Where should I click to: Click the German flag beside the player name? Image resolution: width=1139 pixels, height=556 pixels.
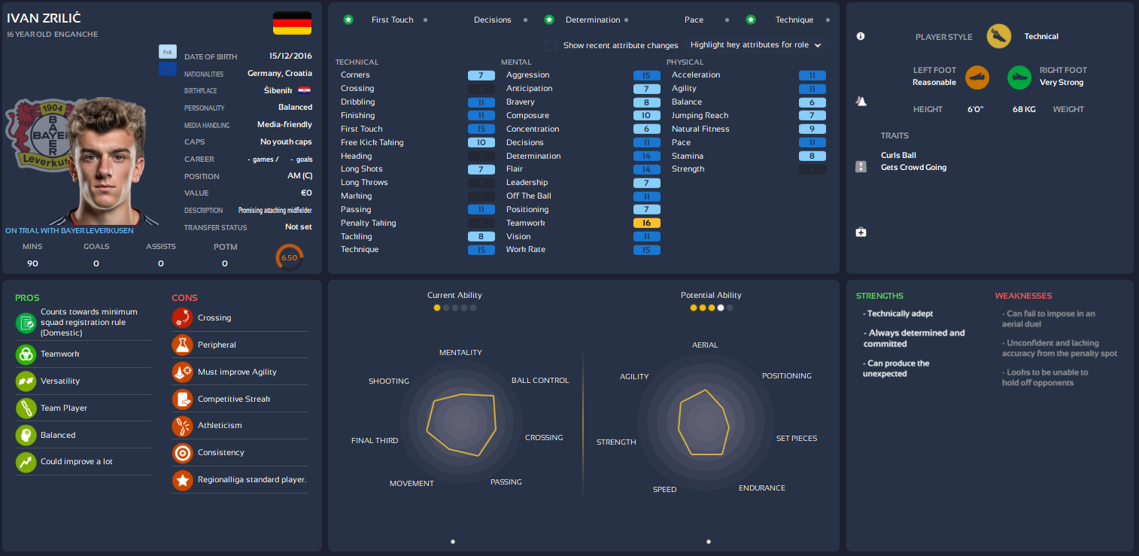point(292,23)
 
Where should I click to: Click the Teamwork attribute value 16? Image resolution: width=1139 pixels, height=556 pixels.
point(646,223)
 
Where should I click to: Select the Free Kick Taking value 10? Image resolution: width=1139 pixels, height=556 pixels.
point(481,142)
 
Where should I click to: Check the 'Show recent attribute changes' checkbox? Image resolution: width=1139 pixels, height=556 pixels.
point(551,45)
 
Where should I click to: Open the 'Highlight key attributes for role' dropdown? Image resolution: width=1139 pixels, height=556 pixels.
point(755,45)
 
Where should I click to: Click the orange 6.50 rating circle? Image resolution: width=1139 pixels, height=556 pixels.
point(289,257)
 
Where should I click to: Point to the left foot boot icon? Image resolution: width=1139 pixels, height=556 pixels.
point(977,77)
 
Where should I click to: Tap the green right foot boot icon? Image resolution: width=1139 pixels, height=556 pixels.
point(1019,77)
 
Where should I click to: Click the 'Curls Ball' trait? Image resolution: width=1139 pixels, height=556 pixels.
point(898,155)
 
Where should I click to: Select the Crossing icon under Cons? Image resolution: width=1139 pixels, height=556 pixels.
point(182,318)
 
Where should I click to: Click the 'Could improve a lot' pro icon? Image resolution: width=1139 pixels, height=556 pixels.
point(26,462)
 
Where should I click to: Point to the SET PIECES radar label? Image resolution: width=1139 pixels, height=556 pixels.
point(796,438)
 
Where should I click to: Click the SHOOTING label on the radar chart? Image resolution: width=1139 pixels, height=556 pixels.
point(388,381)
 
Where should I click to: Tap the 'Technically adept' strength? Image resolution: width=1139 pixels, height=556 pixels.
point(900,314)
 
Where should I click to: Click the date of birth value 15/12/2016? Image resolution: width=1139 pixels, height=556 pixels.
point(290,56)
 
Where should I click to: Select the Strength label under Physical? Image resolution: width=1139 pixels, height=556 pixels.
point(688,169)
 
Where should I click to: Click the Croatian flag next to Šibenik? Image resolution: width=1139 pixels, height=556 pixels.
point(305,90)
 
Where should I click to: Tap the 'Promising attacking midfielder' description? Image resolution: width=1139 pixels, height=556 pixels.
point(275,211)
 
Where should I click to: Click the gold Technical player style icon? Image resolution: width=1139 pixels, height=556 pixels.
point(999,36)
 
